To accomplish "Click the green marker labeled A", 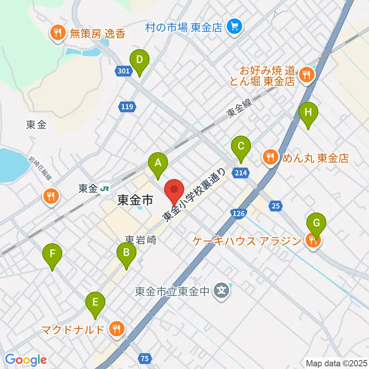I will click(158, 163).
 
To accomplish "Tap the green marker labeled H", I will click(309, 113).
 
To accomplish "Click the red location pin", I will click(175, 190).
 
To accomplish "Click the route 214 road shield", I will click(239, 173).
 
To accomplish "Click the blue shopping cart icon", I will click(234, 27).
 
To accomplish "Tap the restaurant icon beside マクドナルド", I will click(115, 329).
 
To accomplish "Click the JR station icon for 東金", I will click(104, 188).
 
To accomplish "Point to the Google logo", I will click(26, 359).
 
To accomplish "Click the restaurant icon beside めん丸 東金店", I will click(271, 157).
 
